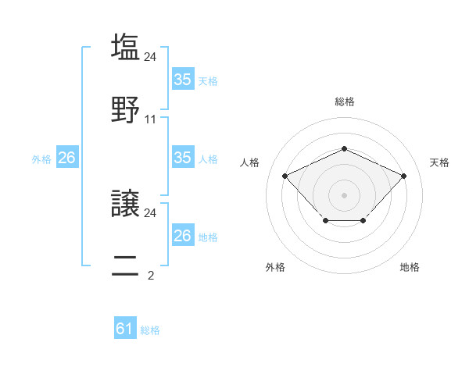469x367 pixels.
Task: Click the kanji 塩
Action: [x=126, y=47]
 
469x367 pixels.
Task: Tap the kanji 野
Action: [x=126, y=110]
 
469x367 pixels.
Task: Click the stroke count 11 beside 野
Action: [x=151, y=119]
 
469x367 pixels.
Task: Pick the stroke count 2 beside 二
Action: [x=151, y=274]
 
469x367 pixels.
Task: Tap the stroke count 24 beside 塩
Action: [x=151, y=56]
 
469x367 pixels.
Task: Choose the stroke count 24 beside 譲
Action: [x=151, y=212]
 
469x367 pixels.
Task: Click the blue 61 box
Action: [x=125, y=330]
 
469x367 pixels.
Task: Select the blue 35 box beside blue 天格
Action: [x=183, y=80]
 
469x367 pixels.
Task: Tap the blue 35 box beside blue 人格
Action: [x=183, y=158]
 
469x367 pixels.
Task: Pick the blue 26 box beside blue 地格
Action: [x=183, y=236]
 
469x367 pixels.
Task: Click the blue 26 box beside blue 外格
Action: [x=66, y=158]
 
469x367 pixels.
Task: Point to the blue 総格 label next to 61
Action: [x=150, y=330]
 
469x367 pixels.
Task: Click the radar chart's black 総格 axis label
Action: [x=345, y=102]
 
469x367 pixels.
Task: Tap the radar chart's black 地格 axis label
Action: [x=410, y=267]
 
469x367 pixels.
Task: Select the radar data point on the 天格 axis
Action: [x=403, y=176]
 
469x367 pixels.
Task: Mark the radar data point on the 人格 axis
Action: [x=285, y=176]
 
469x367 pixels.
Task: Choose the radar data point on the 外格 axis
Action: [x=325, y=222]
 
